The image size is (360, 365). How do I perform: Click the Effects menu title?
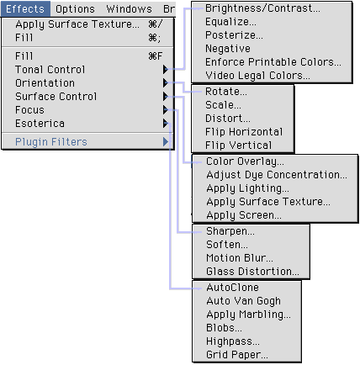pos(25,9)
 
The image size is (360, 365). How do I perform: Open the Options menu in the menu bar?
pos(75,9)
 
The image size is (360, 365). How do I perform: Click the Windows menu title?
pos(129,9)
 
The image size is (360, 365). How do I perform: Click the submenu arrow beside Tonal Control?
pos(166,69)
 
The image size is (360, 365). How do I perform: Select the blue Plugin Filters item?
pos(51,142)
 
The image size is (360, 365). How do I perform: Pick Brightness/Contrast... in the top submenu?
pos(262,8)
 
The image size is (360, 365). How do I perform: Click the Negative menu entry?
pos(228,49)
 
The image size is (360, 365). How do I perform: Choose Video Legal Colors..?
pos(257,76)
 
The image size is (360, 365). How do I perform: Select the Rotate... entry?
pos(226,92)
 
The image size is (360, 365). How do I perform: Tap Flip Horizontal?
pos(244,132)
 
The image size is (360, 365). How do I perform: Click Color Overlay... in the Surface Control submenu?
pos(245,161)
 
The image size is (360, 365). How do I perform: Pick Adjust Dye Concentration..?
pos(277,175)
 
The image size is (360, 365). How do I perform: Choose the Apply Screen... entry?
pos(244,215)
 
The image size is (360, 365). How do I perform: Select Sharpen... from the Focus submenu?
pos(230,231)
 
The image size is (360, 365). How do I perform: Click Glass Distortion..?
pos(252,272)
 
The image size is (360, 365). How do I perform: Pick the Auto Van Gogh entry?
pos(243,301)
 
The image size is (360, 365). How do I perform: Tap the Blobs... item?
pos(224,328)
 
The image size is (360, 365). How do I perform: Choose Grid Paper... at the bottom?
pos(237,355)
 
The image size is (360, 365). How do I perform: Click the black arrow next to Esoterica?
pos(166,123)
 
